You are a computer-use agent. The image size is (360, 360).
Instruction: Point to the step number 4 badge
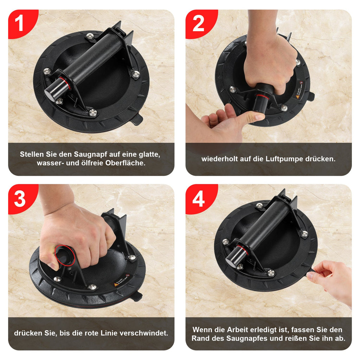pos(198,199)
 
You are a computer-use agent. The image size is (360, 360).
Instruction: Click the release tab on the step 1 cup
pos(137,120)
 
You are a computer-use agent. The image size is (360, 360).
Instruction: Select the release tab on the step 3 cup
pos(137,296)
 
